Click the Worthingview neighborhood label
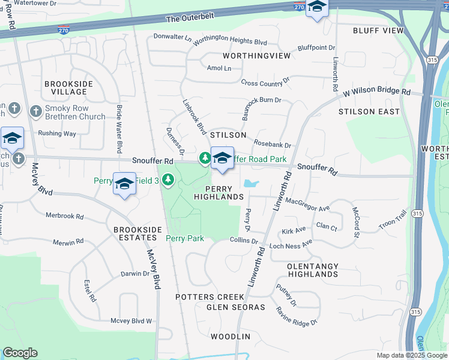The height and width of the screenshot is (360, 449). tap(256, 56)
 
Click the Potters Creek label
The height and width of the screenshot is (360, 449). tap(209, 297)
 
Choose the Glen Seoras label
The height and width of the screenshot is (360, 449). tap(235, 307)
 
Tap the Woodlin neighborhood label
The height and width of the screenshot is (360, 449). tap(231, 337)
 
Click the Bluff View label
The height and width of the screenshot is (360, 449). tap(378, 31)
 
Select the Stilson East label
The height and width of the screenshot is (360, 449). tap(369, 112)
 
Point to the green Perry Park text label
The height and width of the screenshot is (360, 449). tap(185, 238)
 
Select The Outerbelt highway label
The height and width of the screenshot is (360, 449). tap(190, 19)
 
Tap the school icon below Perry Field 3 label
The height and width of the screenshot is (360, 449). tap(125, 185)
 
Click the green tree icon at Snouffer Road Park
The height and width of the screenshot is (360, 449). tap(205, 157)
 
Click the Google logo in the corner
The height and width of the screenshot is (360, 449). tap(20, 353)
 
